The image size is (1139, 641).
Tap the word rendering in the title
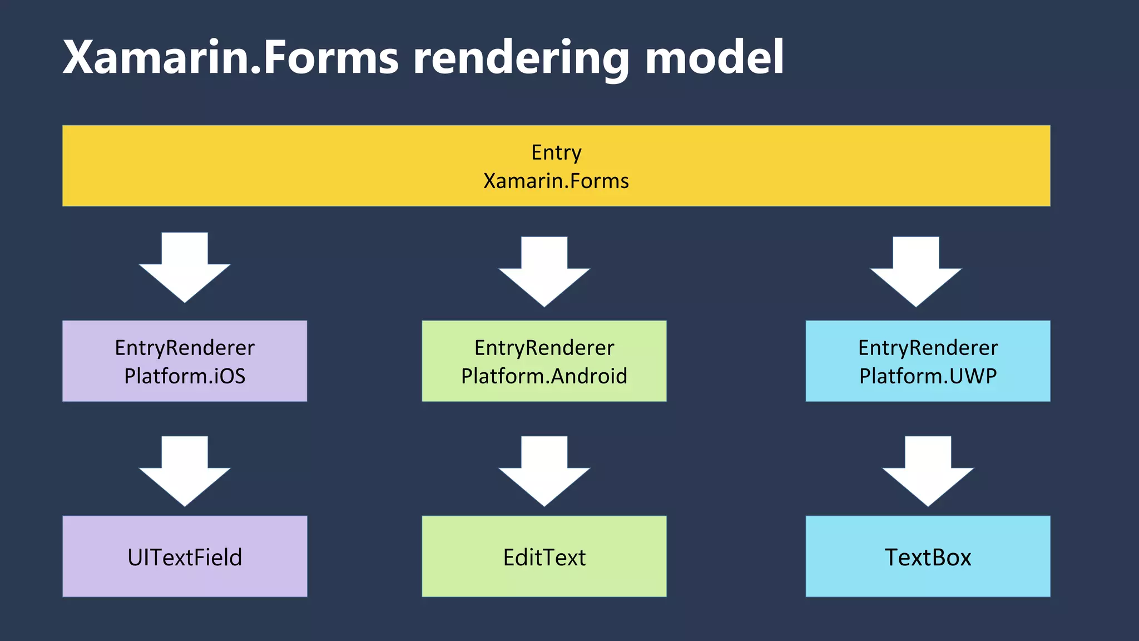(521, 58)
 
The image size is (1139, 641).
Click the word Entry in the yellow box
(556, 152)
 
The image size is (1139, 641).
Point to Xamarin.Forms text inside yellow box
(556, 181)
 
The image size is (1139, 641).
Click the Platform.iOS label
(185, 376)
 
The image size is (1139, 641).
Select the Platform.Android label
(544, 376)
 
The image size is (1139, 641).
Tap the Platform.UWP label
(928, 376)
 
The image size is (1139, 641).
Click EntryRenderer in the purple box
(185, 348)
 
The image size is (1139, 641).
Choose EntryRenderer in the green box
(544, 348)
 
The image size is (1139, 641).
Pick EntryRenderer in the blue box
(928, 348)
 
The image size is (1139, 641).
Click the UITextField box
(185, 556)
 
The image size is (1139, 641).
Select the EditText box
(544, 556)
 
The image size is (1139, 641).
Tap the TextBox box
(928, 556)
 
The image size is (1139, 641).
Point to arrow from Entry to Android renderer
(544, 273)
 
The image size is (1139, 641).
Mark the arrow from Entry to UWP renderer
(915, 273)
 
